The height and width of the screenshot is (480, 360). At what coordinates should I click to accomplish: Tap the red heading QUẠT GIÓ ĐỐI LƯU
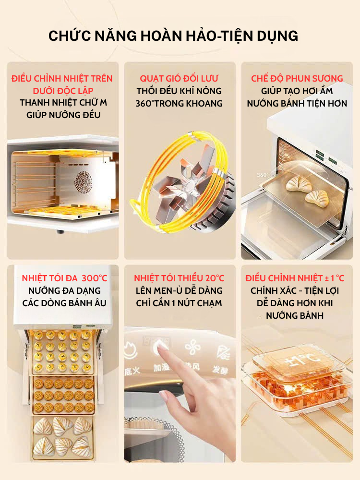coord(179,78)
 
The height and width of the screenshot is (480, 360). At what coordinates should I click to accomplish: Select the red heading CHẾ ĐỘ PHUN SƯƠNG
coord(297,78)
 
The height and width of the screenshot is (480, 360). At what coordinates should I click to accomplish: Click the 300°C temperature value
coord(95,278)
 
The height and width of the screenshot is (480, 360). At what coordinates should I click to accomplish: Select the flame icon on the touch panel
coord(132,350)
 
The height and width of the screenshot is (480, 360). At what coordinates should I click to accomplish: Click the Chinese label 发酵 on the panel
coord(220,370)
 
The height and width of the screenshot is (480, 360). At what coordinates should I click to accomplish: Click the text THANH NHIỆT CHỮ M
coord(63,103)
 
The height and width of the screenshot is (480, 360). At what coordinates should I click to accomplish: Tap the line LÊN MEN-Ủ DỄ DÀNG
coord(179,290)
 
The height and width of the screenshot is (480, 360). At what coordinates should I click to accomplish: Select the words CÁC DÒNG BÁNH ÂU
coord(64,303)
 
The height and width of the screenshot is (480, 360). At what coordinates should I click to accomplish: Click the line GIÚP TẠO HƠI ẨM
coord(297,91)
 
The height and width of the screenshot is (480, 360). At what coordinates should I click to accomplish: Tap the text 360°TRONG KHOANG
coord(179,104)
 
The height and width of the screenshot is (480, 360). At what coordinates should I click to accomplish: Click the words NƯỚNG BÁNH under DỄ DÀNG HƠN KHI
coord(295,316)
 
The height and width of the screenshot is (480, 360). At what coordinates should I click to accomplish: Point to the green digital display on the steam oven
coord(320,155)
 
